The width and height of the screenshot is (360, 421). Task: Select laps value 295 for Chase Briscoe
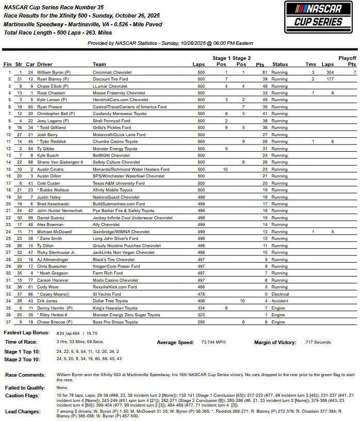(201, 322)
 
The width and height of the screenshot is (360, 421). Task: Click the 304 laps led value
(330, 73)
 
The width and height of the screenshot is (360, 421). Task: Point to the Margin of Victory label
(275, 342)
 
